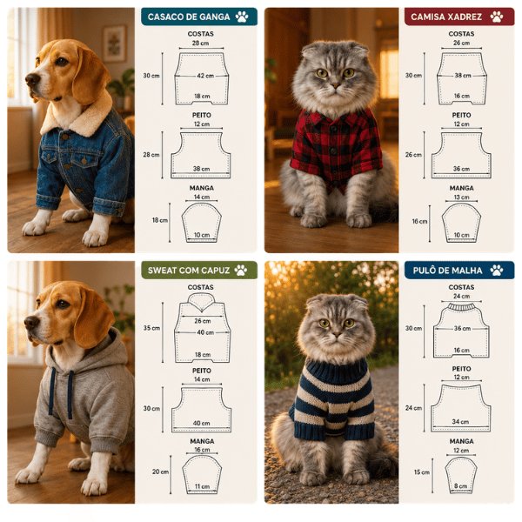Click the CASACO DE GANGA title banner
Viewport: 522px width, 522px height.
pos(199,17)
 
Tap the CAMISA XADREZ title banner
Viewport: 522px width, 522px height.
pos(459,17)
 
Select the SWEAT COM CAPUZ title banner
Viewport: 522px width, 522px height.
pos(199,270)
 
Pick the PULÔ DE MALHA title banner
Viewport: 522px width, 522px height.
pos(459,270)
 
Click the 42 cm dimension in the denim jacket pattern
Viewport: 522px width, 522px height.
pos(205,76)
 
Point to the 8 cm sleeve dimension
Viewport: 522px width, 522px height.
pos(461,485)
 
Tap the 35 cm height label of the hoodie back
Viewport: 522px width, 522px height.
pos(151,328)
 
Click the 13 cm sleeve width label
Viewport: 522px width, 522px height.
pos(461,197)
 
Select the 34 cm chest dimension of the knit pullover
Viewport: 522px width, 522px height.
pos(460,421)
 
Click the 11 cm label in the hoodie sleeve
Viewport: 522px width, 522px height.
pos(203,486)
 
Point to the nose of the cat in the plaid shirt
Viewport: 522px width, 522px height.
pos(335,86)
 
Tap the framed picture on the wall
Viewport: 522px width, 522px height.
pos(114,44)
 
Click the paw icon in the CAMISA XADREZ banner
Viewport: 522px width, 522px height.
pos(497,17)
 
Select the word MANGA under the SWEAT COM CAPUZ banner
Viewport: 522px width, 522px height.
pos(202,441)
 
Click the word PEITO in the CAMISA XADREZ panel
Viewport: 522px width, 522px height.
pos(461,115)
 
